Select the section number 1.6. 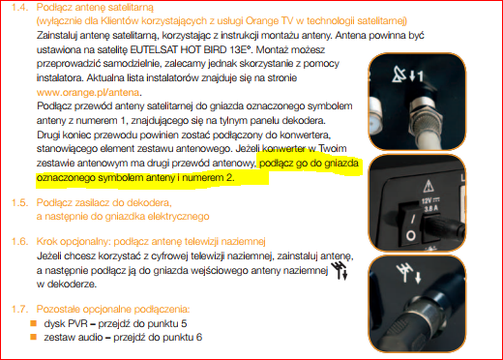pyautogui.click(x=15, y=237)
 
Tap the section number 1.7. pyautogui.click(x=15, y=307)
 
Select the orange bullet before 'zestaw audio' pyautogui.click(x=35, y=337)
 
